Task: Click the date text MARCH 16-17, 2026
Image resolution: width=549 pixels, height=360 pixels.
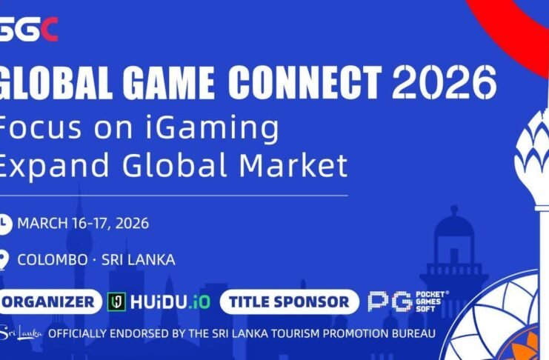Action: click(x=83, y=223)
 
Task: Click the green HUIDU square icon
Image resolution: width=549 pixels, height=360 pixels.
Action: click(x=116, y=301)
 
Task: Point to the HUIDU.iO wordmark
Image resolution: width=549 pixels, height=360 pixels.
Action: click(x=170, y=301)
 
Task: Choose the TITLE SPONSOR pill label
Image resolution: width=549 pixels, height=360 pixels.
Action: click(x=289, y=301)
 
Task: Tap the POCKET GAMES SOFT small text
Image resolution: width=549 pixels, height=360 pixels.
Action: click(x=431, y=301)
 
